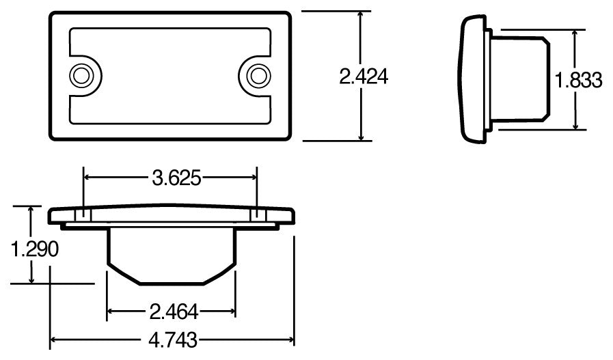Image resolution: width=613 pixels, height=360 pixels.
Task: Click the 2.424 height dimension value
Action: [364, 77]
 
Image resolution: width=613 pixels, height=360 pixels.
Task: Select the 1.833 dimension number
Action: [579, 81]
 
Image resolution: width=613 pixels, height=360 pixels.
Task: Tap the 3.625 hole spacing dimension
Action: [176, 178]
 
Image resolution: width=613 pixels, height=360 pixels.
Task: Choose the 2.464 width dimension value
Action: [174, 313]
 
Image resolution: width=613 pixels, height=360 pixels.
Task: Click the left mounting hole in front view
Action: [82, 74]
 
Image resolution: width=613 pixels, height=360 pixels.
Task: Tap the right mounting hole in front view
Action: [258, 74]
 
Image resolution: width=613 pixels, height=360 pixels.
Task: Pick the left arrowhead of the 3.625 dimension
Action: [87, 178]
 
